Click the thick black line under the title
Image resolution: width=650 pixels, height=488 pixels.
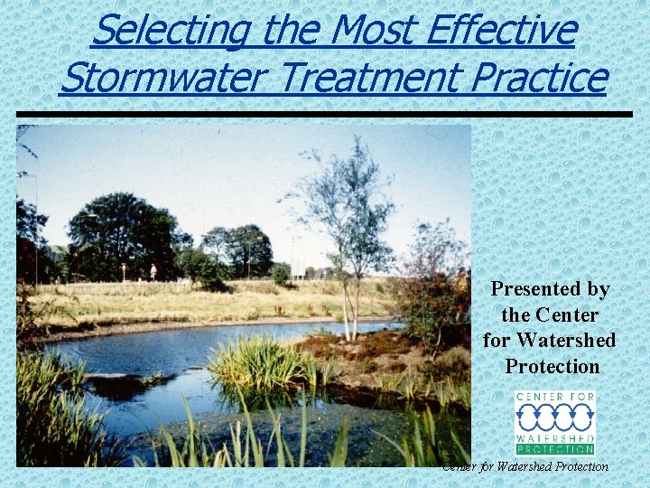tap(325, 114)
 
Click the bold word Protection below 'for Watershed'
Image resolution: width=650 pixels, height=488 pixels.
tap(552, 367)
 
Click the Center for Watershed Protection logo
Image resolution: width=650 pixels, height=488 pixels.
tap(555, 423)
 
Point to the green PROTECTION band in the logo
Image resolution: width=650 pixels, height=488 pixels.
tap(555, 449)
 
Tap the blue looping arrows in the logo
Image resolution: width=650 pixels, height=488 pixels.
tap(555, 418)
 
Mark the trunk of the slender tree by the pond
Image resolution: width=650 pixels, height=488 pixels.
tap(348, 307)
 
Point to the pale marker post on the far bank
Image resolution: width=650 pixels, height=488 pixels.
tap(153, 271)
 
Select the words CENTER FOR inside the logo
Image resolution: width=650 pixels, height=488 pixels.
tap(555, 398)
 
